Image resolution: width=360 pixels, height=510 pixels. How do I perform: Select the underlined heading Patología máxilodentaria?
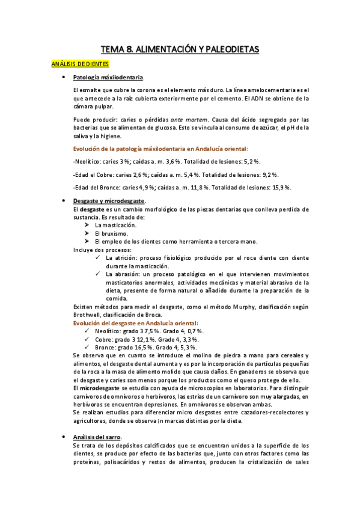coord(108,78)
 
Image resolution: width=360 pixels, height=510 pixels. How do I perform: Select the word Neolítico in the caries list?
coord(87,162)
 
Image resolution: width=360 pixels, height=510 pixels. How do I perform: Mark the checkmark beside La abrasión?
coord(98,274)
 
